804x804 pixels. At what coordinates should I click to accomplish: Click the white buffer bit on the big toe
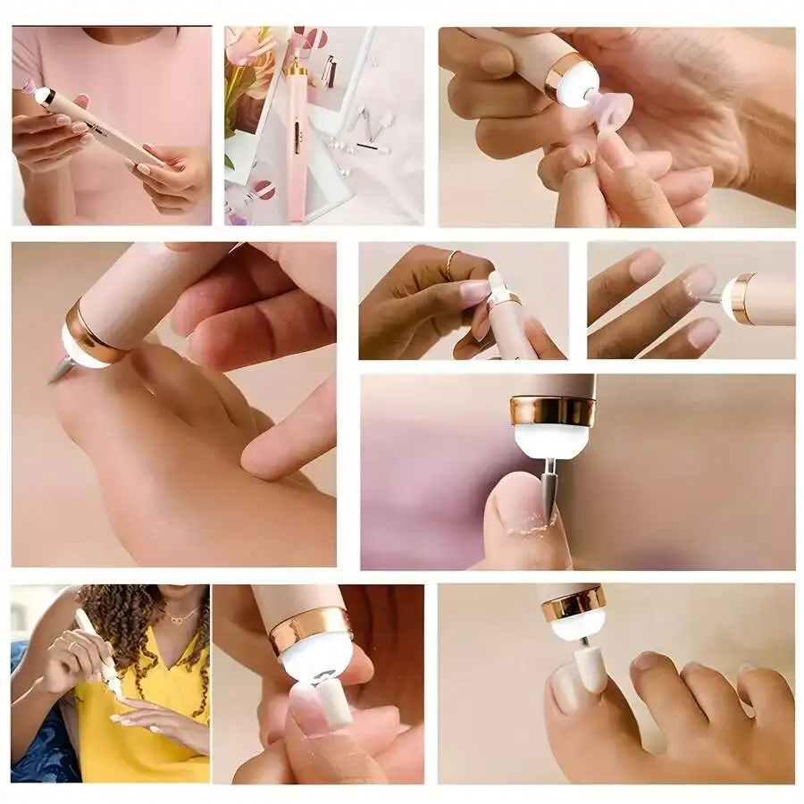590,669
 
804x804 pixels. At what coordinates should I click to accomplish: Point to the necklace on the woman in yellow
183,616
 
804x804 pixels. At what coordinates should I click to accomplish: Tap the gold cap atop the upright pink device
296,67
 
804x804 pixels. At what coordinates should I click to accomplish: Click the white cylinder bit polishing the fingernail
333,701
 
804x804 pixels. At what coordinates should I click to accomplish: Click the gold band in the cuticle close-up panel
553,411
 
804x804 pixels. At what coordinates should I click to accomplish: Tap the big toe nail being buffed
566,686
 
